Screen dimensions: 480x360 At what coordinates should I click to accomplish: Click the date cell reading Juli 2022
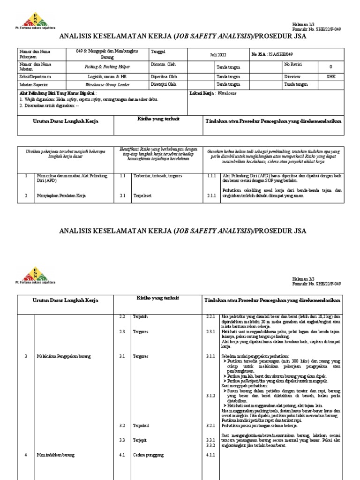pyautogui.click(x=218, y=55)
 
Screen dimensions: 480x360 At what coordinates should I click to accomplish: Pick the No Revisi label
pyautogui.click(x=293, y=64)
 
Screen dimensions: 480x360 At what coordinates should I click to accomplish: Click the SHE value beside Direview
pyautogui.click(x=331, y=76)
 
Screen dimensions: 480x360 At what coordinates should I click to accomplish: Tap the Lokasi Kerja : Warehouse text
pyautogui.click(x=213, y=93)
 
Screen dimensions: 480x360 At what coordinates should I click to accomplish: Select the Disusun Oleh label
pyautogui.click(x=163, y=65)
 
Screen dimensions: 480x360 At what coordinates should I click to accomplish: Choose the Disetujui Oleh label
pyautogui.click(x=163, y=84)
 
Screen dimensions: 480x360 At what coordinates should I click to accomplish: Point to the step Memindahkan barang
pyautogui.click(x=55, y=455)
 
